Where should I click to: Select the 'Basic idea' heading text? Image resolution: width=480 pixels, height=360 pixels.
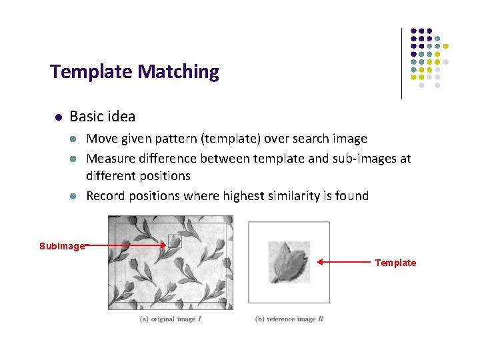point(102,117)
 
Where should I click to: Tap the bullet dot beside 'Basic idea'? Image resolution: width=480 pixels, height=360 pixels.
point(58,117)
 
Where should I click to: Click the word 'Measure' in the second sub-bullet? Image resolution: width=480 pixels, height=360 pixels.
point(111,159)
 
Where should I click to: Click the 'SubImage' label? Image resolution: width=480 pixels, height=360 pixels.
point(61,246)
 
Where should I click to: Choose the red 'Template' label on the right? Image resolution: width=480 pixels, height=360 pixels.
point(395,263)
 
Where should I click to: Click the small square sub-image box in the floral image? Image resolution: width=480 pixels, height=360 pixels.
point(175,241)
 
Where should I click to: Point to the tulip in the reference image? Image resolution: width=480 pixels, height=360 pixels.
point(289,261)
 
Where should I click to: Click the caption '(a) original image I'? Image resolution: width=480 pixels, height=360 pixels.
point(171,319)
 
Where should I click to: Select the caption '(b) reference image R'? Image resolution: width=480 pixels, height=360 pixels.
point(289,319)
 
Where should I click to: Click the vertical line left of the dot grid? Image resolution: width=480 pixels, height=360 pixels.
point(401,63)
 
